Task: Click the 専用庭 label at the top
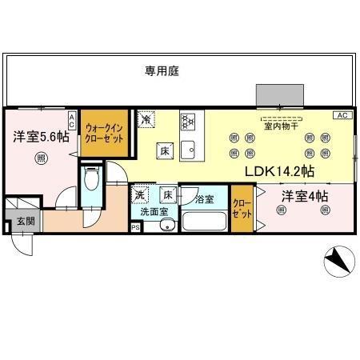click(x=162, y=70)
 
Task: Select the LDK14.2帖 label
click(x=278, y=171)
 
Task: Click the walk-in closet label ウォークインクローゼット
click(x=103, y=132)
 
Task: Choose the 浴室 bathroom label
click(x=204, y=198)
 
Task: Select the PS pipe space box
click(x=134, y=227)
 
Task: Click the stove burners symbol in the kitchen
click(x=188, y=122)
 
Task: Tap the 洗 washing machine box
click(x=140, y=194)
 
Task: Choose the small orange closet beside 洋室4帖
click(x=241, y=209)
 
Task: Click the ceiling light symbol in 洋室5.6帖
click(x=40, y=158)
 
